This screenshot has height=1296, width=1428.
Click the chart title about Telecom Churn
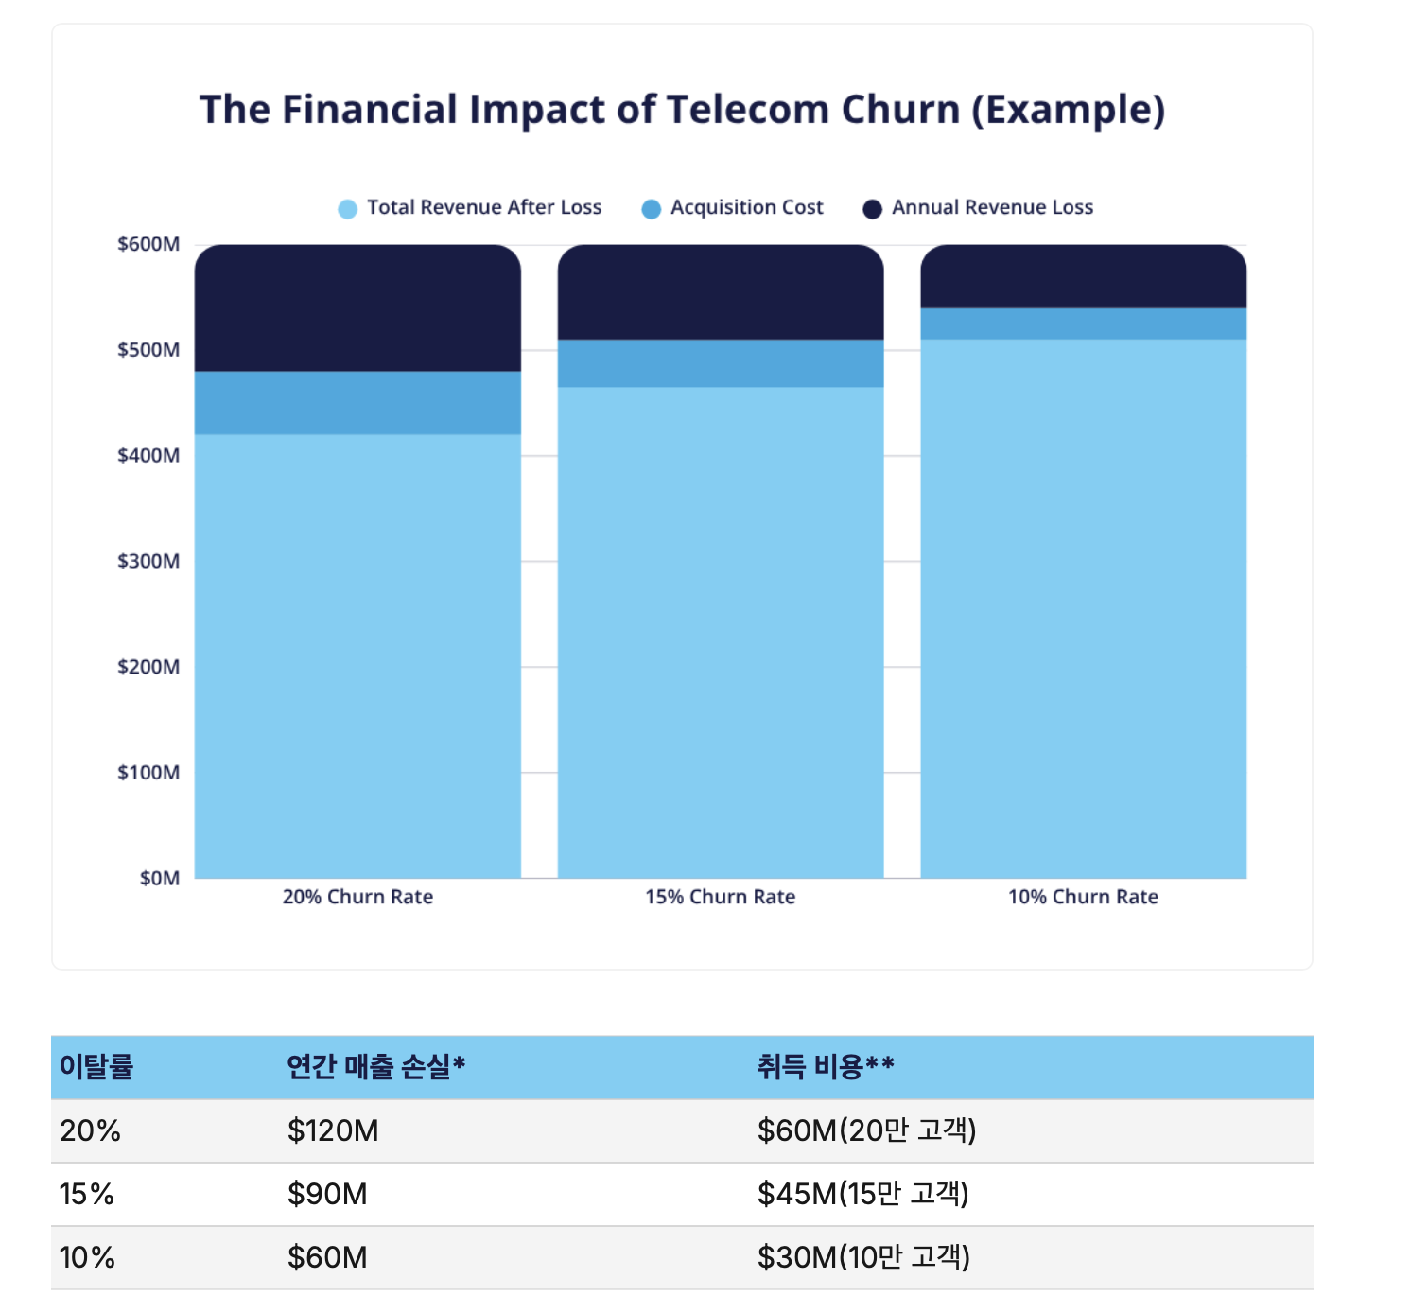(682, 110)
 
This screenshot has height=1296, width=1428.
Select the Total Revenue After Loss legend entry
(471, 208)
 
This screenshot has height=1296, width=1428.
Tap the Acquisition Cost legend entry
(733, 208)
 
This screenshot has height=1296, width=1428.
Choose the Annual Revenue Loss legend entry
(979, 208)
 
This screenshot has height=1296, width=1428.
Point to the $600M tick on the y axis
(148, 245)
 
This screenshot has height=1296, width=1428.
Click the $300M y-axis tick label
(148, 562)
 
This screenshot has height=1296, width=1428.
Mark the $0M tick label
(159, 879)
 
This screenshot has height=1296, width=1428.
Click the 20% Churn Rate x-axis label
(357, 898)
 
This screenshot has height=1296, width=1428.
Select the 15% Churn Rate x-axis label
(721, 898)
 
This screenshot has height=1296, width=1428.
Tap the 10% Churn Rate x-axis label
(1083, 898)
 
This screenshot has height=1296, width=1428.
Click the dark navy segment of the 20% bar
(357, 308)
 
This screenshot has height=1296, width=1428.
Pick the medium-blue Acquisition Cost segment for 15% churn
(721, 363)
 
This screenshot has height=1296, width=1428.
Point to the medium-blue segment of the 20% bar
(357, 403)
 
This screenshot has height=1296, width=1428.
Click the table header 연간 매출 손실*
(376, 1067)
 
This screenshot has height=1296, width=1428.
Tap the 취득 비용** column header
(826, 1067)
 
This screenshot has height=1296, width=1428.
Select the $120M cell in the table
(333, 1130)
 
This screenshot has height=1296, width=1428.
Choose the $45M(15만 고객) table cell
(863, 1194)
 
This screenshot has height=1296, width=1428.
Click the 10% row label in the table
(87, 1257)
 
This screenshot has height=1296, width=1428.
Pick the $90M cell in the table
(327, 1194)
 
